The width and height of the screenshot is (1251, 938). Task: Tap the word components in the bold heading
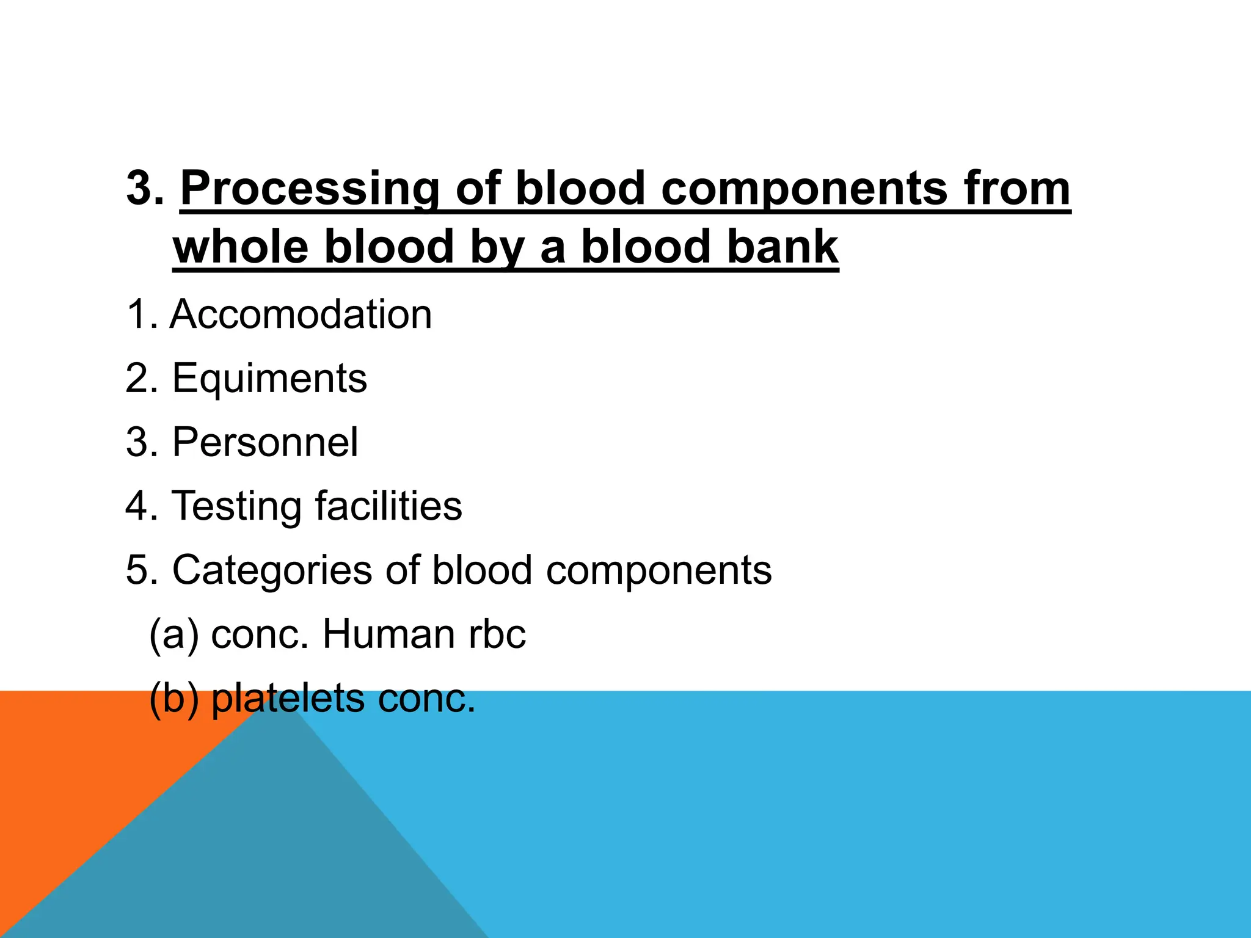804,189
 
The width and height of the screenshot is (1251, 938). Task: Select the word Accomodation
301,314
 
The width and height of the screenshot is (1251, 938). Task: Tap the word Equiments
269,379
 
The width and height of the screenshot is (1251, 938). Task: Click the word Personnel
265,442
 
